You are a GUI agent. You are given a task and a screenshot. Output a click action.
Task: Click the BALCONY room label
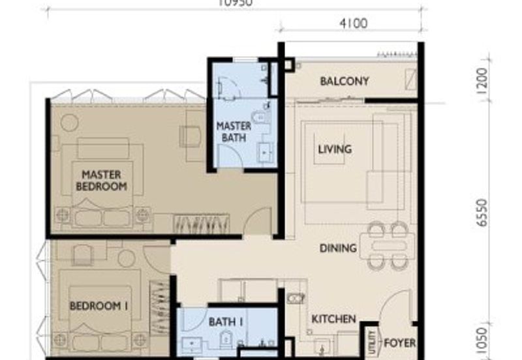point(344,82)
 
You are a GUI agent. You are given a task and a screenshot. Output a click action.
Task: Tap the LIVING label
point(334,149)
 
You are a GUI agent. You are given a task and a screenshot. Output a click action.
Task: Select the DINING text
point(338,248)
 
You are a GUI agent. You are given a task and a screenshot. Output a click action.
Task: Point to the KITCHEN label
point(333,319)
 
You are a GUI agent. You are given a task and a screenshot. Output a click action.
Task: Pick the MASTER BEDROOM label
point(101,181)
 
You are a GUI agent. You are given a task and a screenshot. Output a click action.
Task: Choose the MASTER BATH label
point(234,132)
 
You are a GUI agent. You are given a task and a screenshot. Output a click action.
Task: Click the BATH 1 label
point(226,322)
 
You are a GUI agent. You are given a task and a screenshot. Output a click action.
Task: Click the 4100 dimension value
point(353,23)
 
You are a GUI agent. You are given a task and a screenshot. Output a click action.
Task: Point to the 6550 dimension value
point(482,213)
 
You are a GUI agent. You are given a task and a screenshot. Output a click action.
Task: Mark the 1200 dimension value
point(482,81)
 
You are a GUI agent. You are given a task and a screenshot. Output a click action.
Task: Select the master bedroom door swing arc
point(257,222)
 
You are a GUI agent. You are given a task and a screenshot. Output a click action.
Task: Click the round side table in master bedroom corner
point(70,123)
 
